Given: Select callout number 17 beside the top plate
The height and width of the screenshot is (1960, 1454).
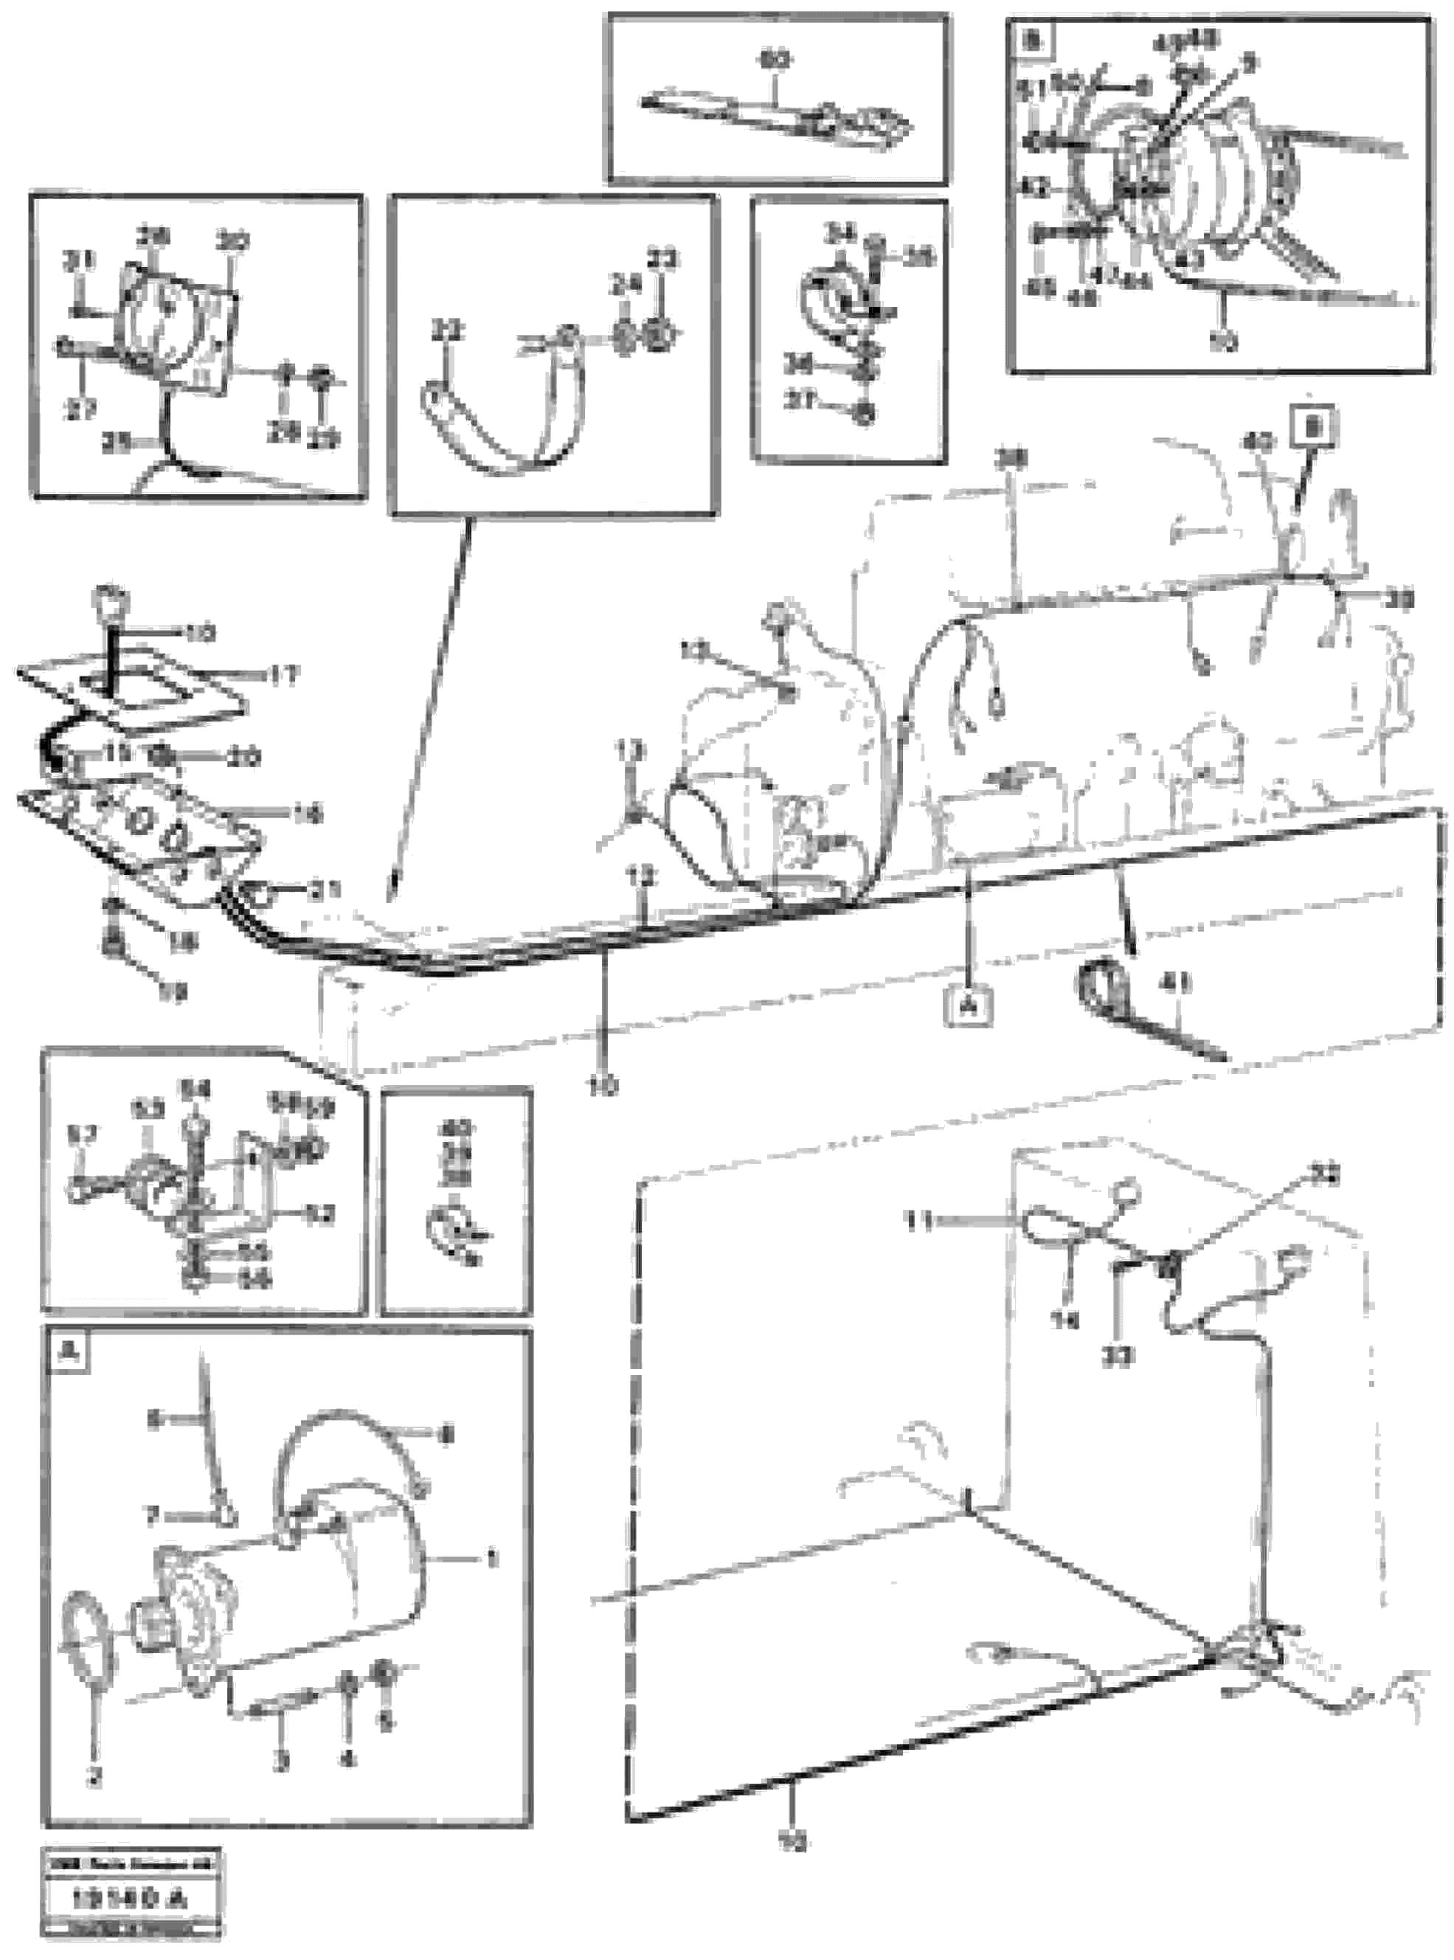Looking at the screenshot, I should pyautogui.click(x=283, y=676).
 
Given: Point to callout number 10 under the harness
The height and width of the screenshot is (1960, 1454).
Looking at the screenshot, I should pyautogui.click(x=606, y=1087).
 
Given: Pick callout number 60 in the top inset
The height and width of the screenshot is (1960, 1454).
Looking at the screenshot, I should pyautogui.click(x=775, y=60).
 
